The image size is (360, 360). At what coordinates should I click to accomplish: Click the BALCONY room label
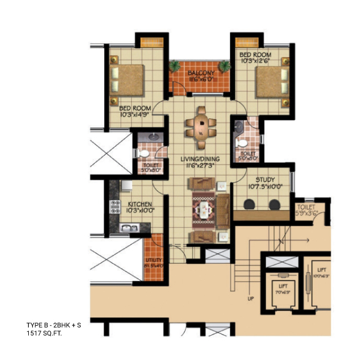(x=200, y=73)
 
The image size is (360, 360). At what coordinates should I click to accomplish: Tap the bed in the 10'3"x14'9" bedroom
(x=128, y=79)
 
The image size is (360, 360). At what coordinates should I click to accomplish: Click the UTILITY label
(x=153, y=260)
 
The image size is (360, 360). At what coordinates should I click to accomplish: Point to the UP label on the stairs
(x=250, y=300)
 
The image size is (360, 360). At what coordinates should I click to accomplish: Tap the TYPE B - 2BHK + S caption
(x=54, y=326)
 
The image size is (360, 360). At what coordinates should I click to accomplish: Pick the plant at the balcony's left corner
(x=176, y=66)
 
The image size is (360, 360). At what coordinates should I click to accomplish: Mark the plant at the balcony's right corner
(x=224, y=66)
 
